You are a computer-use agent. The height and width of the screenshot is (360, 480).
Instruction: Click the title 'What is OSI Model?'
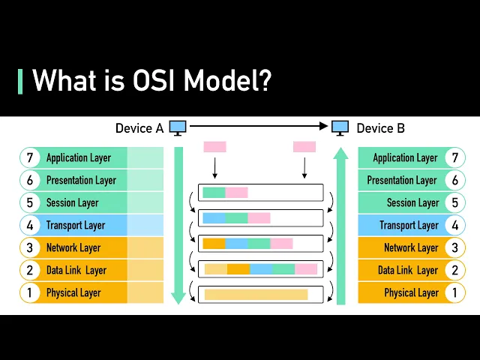pyautogui.click(x=151, y=80)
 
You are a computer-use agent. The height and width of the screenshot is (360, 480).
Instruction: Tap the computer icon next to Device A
pyautogui.click(x=178, y=128)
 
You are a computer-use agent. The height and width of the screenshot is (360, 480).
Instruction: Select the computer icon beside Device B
pyautogui.click(x=340, y=128)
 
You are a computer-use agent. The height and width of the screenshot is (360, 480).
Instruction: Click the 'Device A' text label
pyautogui.click(x=139, y=128)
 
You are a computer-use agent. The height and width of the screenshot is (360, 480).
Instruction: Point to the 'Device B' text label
pyautogui.click(x=380, y=128)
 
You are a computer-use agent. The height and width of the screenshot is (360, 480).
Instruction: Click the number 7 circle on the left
pyautogui.click(x=30, y=157)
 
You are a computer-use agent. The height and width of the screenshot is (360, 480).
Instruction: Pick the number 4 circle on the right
pyautogui.click(x=454, y=225)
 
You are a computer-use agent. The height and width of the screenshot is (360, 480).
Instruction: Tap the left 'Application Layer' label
pyautogui.click(x=78, y=157)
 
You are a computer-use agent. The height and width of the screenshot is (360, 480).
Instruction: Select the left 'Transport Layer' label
pyautogui.click(x=75, y=225)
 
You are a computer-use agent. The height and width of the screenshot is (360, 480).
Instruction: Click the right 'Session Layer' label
pyautogui.click(x=412, y=202)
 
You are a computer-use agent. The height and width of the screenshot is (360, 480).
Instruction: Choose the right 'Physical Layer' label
pyautogui.click(x=411, y=292)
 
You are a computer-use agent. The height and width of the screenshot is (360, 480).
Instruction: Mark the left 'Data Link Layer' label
pyautogui.click(x=76, y=270)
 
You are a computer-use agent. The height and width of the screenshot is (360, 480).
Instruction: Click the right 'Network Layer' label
pyautogui.click(x=411, y=247)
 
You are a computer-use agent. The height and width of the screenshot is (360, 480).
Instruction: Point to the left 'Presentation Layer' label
pyautogui.click(x=81, y=180)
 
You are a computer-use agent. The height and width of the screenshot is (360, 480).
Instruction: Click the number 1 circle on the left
pyautogui.click(x=30, y=292)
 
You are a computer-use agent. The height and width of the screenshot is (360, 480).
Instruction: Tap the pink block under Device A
pyautogui.click(x=214, y=147)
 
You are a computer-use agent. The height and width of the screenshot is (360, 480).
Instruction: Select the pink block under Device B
pyautogui.click(x=304, y=147)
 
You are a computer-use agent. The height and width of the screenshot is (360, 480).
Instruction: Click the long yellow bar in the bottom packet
pyautogui.click(x=256, y=294)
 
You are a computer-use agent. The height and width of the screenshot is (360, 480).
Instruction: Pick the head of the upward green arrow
pyautogui.click(x=340, y=154)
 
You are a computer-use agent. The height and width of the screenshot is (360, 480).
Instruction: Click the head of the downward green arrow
pyautogui.click(x=178, y=297)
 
